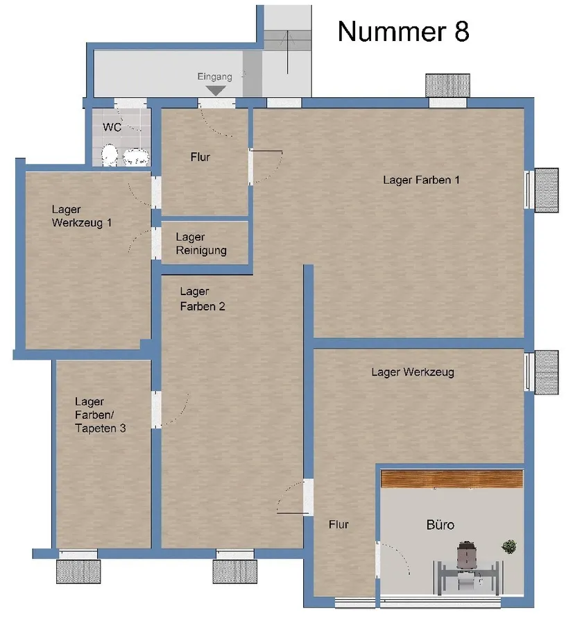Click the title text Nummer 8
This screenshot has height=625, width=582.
pos(403,31)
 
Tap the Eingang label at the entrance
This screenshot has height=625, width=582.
pos(215,77)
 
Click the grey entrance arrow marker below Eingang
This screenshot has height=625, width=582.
pos(216,90)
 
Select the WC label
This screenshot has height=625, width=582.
pos(112,127)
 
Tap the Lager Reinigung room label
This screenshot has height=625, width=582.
pos(200,244)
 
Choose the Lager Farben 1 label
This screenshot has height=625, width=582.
pos(421,180)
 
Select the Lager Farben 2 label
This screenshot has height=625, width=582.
pos(202,299)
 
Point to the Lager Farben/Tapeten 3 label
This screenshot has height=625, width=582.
pos(100,415)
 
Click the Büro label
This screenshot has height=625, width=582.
pos(440,524)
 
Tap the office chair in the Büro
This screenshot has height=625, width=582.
pos(466,557)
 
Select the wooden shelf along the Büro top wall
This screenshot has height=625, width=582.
pos(452,478)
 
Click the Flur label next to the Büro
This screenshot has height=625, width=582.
pos(339,524)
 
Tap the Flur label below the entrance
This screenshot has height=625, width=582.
pos(200,157)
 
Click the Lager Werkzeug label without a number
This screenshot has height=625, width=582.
pos(413,372)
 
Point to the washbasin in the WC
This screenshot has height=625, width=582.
pos(135,157)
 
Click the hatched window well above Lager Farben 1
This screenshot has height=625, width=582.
pos(447,85)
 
